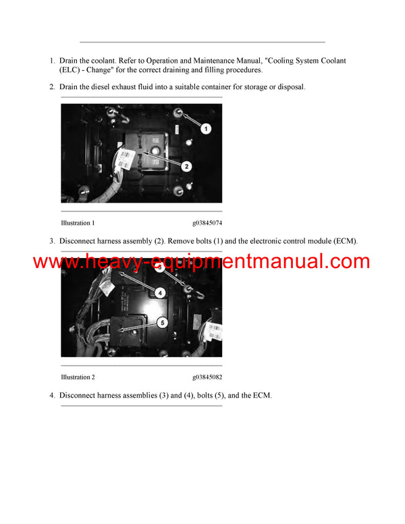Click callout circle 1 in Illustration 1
click(206, 128)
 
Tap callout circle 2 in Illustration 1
click(186, 165)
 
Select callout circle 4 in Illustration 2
click(160, 292)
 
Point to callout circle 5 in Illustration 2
click(162, 323)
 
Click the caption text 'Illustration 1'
click(78, 223)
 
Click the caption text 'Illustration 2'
click(78, 377)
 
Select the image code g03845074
click(207, 223)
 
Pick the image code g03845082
click(207, 377)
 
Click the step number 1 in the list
click(52, 61)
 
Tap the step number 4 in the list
click(52, 395)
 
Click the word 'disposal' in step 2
click(289, 87)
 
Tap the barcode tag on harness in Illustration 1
click(124, 159)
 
